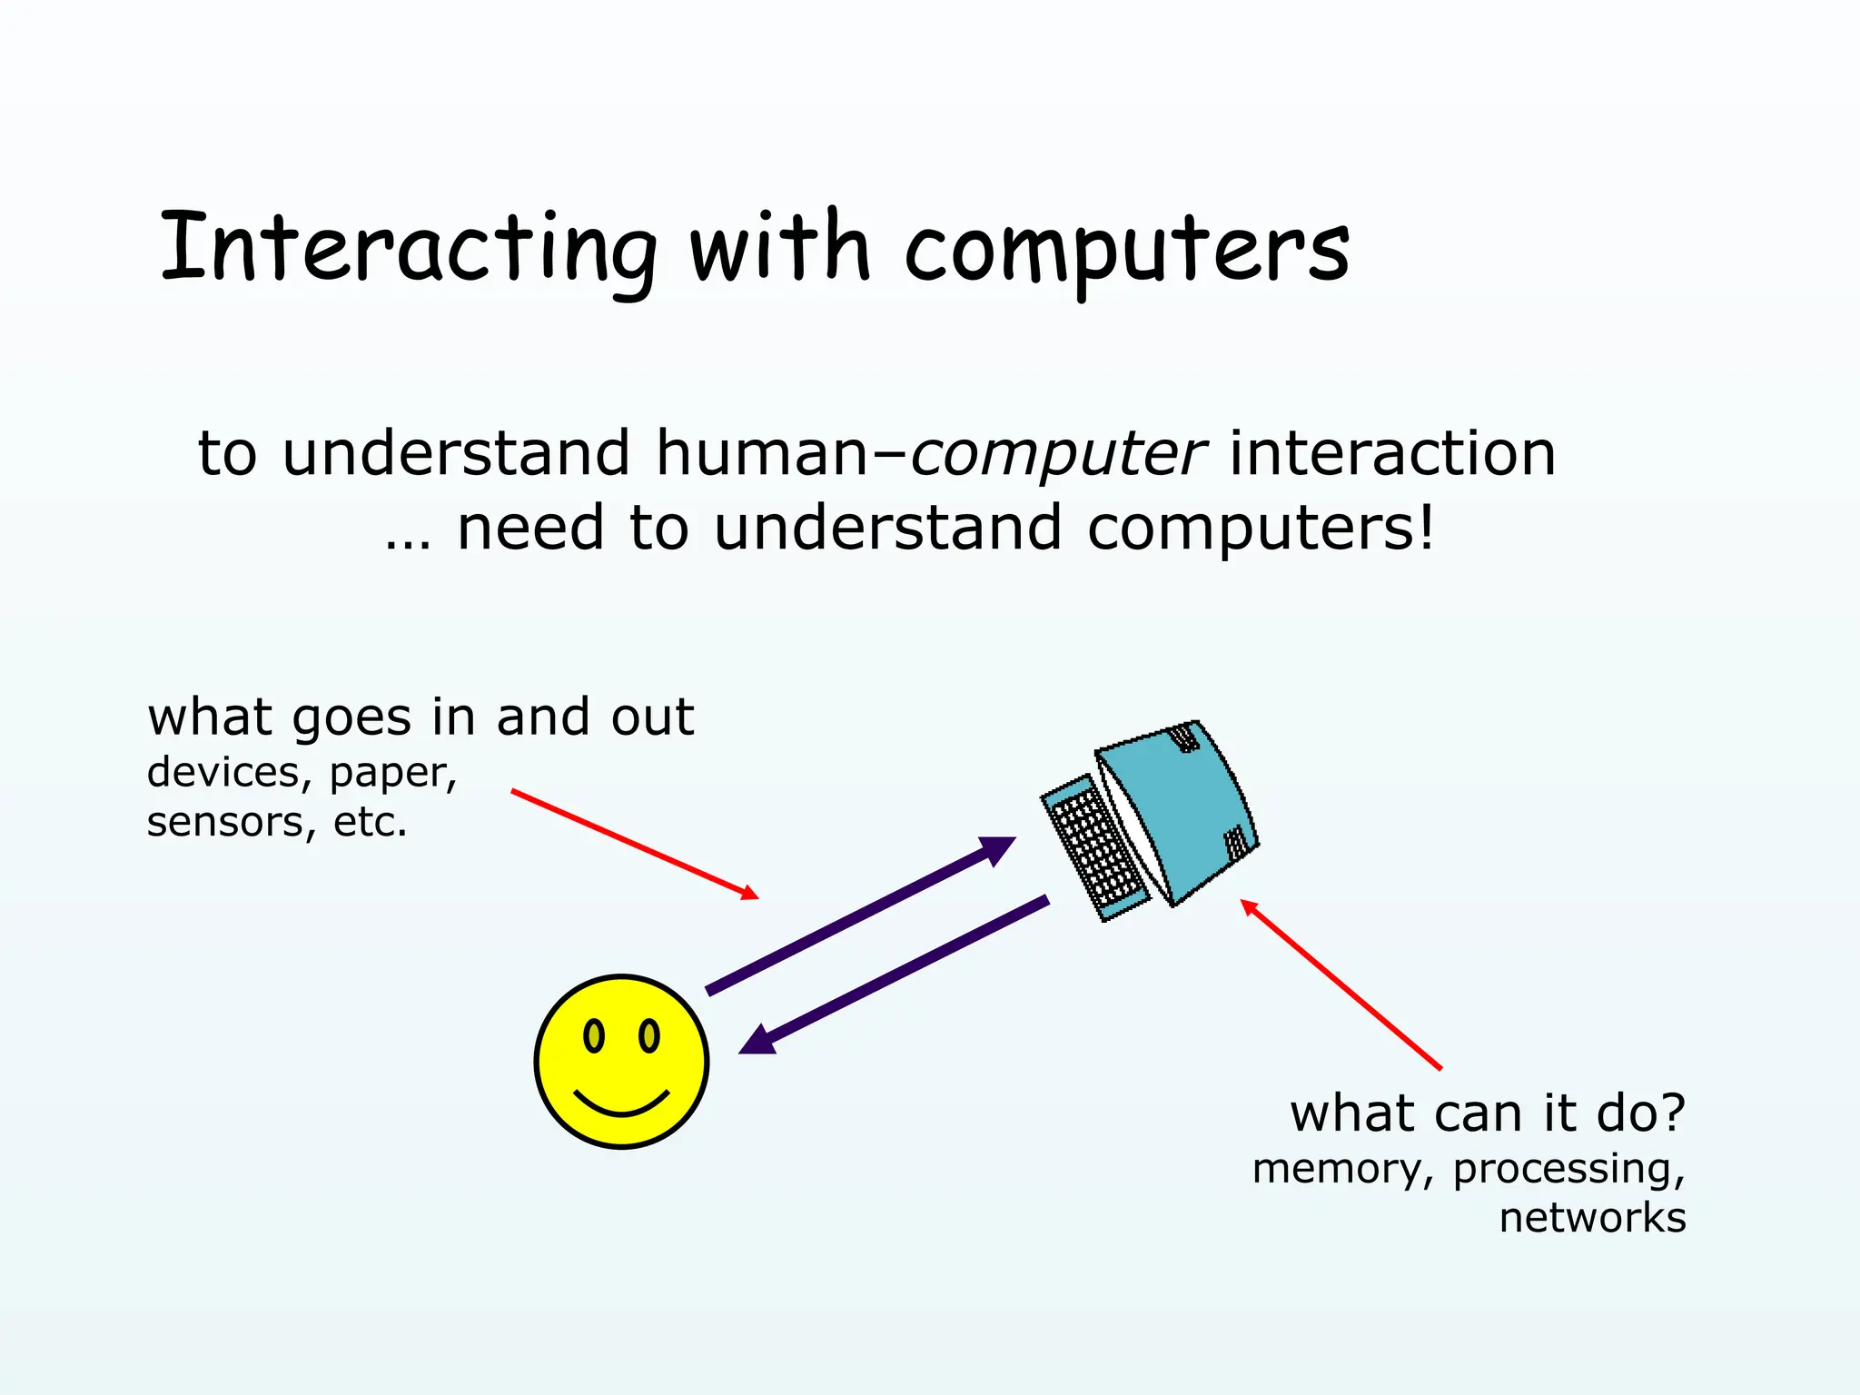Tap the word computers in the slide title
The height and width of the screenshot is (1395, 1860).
pos(1126,250)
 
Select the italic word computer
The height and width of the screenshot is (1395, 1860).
pos(1058,453)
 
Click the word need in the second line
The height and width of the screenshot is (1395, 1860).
pos(529,529)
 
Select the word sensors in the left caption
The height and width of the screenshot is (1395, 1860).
pos(225,822)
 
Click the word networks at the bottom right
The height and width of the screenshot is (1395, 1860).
pos(1592,1218)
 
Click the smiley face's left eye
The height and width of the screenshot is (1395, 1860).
pos(594,1035)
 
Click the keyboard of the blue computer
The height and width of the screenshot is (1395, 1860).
pos(1094,849)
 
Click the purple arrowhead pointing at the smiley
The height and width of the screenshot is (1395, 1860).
pos(759,1041)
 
